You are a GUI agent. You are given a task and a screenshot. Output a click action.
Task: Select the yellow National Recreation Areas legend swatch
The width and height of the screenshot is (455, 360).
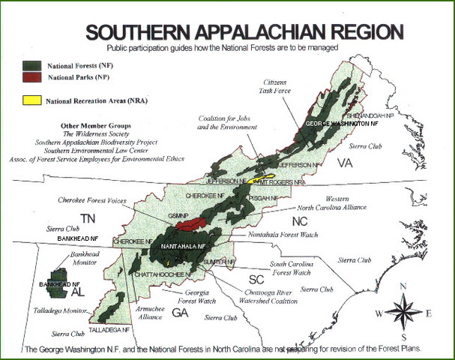(31, 100)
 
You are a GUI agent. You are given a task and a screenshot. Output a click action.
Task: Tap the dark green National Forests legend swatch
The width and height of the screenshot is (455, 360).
(31, 66)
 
